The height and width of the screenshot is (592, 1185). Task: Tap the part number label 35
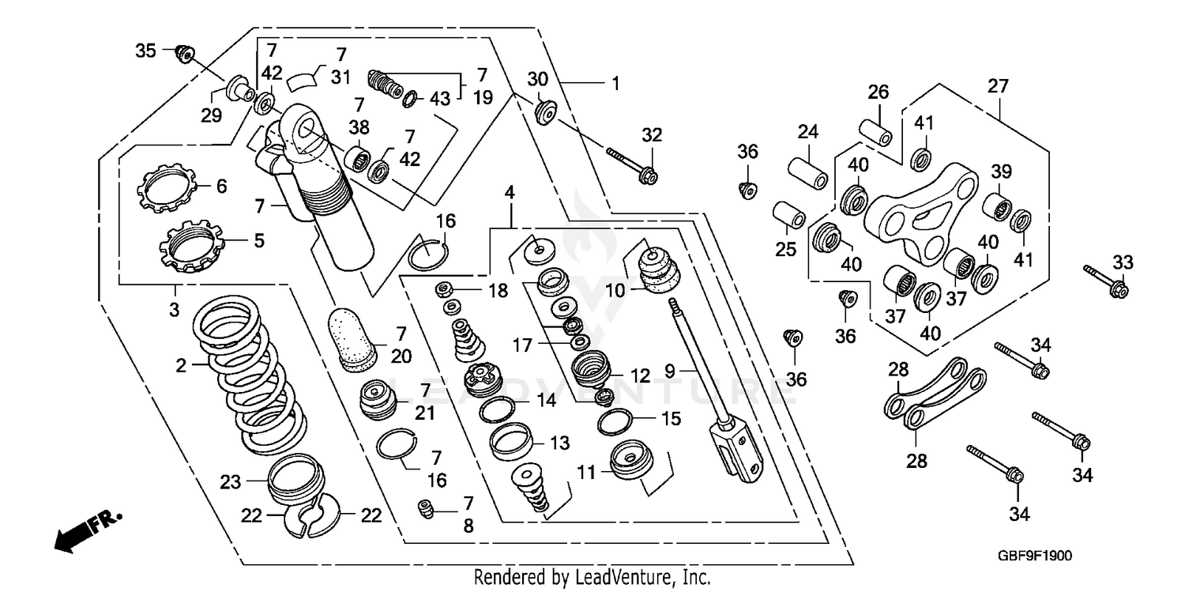coord(145,51)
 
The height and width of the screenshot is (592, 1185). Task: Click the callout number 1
coord(615,81)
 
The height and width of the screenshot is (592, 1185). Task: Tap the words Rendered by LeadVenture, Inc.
coord(592,578)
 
